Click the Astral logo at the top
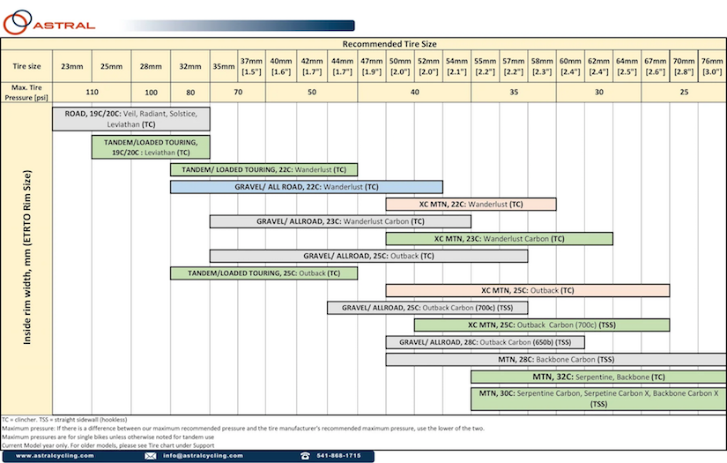pos(48,22)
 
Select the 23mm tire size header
pos(72,66)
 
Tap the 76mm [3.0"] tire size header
pos(712,66)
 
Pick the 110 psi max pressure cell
pos(93,93)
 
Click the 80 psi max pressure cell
pos(190,93)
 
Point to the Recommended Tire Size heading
pos(389,44)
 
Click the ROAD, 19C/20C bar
pos(131,119)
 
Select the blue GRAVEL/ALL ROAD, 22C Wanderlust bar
pos(307,187)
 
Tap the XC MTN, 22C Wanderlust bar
pos(471,204)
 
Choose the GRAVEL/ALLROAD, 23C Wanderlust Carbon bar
pos(340,221)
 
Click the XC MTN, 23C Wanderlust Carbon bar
pos(500,239)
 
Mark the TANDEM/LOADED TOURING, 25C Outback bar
pos(263,273)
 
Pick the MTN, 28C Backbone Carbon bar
pos(556,360)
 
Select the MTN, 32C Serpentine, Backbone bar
pos(598,377)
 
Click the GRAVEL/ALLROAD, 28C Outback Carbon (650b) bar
pos(485,342)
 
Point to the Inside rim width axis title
pos(27,258)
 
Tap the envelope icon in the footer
pos(150,456)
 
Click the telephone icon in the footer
pos(305,456)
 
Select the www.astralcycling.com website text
pos(55,456)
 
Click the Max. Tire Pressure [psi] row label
pos(26,93)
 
